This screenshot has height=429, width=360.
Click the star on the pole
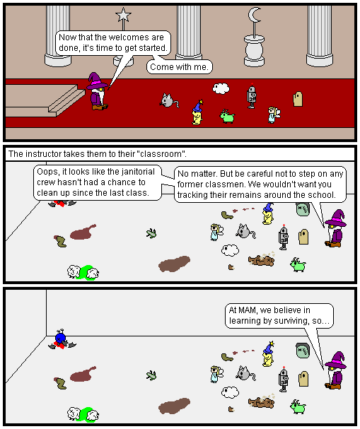coord(123,15)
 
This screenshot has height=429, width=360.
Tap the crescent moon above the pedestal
coord(254,16)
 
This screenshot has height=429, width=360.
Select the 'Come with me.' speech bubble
coord(180,66)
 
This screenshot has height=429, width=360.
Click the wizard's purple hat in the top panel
coord(96,81)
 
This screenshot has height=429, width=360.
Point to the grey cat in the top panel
coord(168,100)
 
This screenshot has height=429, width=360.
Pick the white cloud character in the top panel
coord(221,88)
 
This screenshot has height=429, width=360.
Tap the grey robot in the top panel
coord(252,96)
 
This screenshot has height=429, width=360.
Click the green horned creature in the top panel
coord(227,117)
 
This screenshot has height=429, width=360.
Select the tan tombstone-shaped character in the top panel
coord(298,99)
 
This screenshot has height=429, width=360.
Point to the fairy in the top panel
coord(274,114)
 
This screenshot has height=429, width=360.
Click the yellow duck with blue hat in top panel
coord(197,112)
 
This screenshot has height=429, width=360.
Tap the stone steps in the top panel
coord(45,100)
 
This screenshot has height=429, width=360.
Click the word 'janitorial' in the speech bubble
coord(138,172)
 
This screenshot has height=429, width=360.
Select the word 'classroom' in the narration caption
coord(161,154)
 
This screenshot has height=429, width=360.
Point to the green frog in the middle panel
coord(151,233)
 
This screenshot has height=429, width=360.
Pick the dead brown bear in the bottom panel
coord(261,402)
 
